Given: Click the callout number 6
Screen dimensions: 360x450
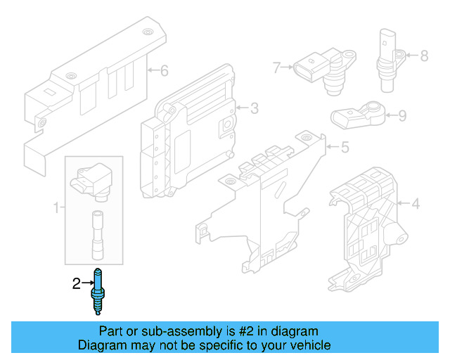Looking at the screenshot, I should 165,70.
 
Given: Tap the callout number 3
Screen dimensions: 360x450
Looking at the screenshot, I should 254,108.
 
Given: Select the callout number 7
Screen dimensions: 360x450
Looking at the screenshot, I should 276,67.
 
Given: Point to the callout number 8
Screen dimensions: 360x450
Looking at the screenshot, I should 424,55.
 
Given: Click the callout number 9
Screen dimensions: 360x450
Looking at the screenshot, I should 402,116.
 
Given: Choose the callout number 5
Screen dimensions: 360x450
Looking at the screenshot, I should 345,148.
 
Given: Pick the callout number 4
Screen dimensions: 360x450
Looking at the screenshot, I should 415,205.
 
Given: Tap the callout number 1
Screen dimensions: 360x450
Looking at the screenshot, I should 56,207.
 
